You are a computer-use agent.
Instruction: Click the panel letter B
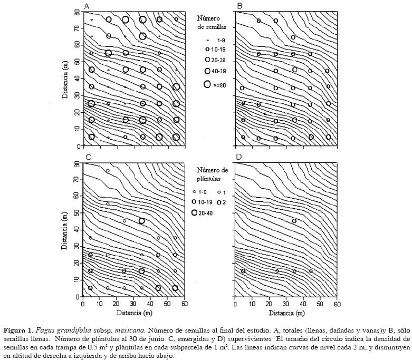[239, 6]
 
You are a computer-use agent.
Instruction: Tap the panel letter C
[88, 157]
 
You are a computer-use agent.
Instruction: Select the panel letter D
[239, 157]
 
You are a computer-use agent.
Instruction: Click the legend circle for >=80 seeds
[208, 84]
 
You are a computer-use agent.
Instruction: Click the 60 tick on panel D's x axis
[337, 304]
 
